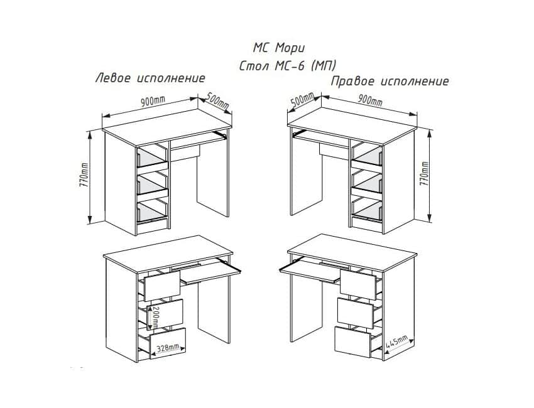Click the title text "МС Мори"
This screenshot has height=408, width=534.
[278, 48]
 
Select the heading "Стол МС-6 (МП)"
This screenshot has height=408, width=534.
[288, 66]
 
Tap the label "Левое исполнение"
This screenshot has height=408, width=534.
[151, 78]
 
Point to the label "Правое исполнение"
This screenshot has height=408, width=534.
[390, 82]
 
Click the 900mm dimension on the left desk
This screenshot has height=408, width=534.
[153, 101]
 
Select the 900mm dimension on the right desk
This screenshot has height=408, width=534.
[370, 99]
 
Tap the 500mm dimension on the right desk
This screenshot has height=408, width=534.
[303, 100]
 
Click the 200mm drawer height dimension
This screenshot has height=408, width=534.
[155, 316]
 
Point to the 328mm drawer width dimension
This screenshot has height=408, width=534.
[168, 348]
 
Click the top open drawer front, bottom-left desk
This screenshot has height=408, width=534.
[162, 286]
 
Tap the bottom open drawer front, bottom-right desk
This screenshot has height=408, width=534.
[352, 341]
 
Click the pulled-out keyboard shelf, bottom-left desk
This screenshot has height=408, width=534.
[210, 271]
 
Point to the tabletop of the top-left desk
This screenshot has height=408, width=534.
[167, 124]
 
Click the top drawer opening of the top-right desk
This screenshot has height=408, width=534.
[366, 155]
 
